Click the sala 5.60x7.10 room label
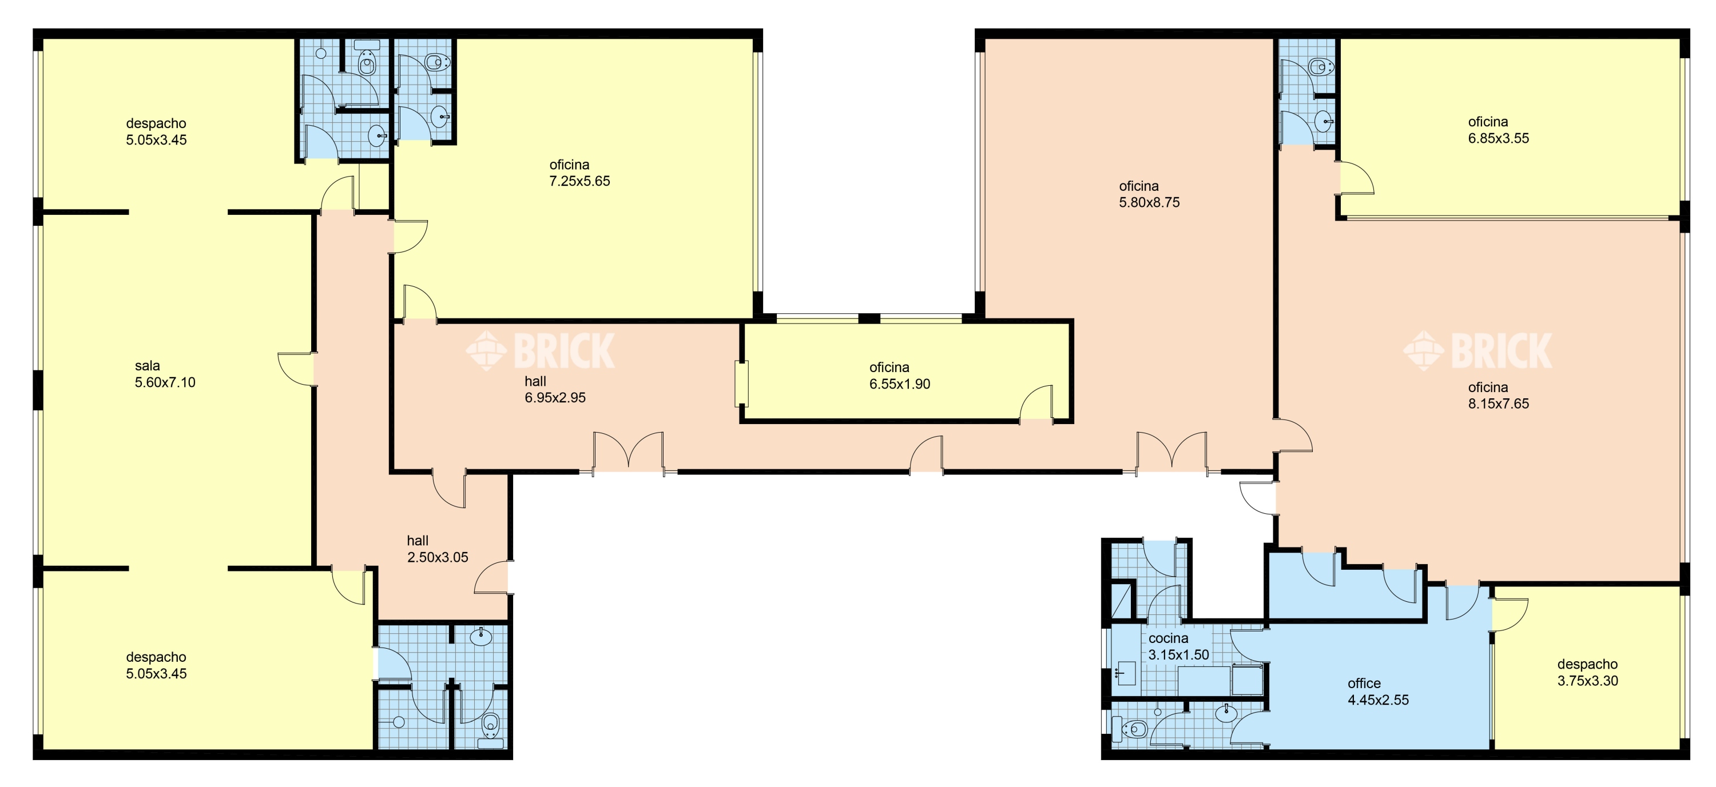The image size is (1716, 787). [165, 374]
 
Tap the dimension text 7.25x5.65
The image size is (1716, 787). [579, 181]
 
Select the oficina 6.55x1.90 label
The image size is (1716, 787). [899, 375]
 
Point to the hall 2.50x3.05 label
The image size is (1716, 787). [438, 549]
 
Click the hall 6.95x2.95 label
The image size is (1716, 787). [555, 390]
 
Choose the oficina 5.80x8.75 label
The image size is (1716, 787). [1149, 194]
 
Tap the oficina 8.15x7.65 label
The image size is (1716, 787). [1499, 396]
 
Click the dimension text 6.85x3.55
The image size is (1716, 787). [1499, 138]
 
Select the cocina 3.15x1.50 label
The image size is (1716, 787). [1178, 646]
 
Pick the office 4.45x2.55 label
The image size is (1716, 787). [1379, 692]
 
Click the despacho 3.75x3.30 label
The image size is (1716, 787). [1587, 673]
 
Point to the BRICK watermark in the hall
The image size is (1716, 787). [540, 350]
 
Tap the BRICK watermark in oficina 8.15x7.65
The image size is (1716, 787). [1477, 350]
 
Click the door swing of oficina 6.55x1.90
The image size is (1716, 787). [1036, 403]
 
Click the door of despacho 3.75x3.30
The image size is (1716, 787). [1510, 614]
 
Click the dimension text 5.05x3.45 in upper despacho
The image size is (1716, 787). [157, 140]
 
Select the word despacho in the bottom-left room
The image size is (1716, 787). [156, 657]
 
